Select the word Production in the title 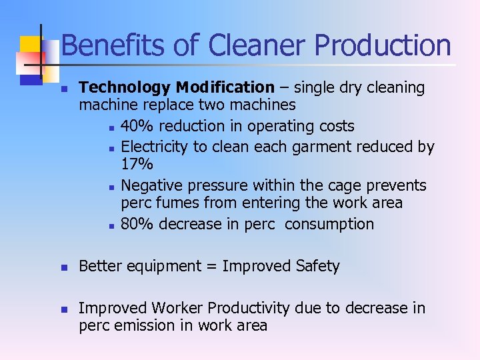tap(383, 46)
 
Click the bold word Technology tap(125, 88)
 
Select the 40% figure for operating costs tap(137, 127)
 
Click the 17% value tap(137, 164)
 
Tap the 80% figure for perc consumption tap(137, 224)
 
